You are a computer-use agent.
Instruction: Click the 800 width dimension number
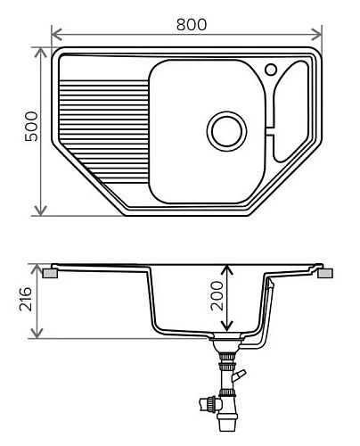click(186, 24)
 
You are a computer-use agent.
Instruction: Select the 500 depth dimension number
click(30, 131)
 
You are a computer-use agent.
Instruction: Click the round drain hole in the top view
click(225, 130)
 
